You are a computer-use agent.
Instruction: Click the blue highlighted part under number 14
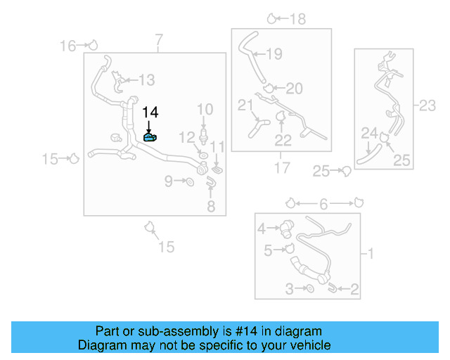tap(150, 137)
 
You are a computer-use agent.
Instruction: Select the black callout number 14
tap(150, 112)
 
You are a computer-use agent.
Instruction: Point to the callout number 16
tap(67, 46)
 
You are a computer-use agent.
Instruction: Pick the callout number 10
tap(205, 109)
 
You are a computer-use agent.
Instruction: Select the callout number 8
tap(211, 206)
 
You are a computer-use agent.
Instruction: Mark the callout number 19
tap(274, 53)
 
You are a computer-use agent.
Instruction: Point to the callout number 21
tap(245, 106)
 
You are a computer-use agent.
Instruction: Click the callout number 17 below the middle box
tap(282, 169)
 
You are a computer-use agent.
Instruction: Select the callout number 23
tap(427, 106)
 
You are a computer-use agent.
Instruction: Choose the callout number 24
tap(369, 133)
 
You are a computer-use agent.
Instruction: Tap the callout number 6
tap(323, 204)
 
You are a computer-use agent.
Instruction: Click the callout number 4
tap(261, 228)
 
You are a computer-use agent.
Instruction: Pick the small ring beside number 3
tap(310, 288)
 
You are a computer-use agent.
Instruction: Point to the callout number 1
tap(371, 252)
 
